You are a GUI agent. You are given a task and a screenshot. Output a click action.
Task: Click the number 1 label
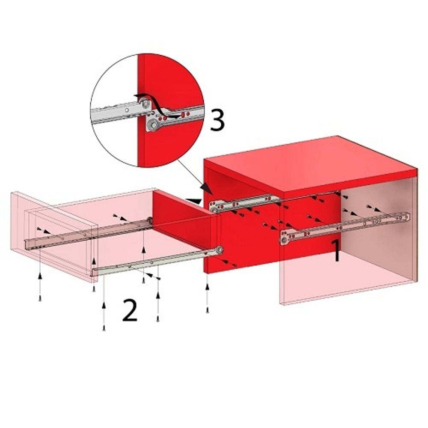(336, 251)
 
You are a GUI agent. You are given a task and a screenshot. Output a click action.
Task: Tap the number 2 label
(130, 310)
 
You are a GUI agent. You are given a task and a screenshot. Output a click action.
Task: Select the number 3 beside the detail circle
(217, 120)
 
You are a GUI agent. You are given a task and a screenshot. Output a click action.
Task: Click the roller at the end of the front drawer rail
(219, 250)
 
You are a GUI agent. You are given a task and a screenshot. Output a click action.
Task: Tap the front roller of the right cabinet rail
(285, 240)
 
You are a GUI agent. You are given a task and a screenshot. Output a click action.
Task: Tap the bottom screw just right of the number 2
(158, 320)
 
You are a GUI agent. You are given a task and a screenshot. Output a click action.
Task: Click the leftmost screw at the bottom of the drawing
(40, 300)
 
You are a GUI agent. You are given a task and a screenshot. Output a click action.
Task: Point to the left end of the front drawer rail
(95, 272)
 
